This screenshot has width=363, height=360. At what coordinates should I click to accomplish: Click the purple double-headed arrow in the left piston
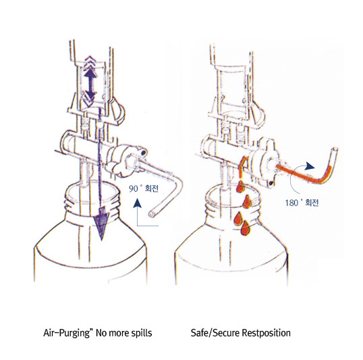(90, 84)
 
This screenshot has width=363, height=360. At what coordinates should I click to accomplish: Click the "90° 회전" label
(144, 188)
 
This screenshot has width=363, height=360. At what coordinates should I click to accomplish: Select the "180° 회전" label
(302, 203)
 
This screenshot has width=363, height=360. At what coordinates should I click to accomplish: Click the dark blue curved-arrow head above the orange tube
(309, 166)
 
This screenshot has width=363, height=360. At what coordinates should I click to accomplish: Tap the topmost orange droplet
(240, 186)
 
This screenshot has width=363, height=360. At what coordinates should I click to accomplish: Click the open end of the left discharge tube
(152, 213)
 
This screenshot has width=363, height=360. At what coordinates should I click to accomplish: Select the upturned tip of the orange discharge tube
(334, 151)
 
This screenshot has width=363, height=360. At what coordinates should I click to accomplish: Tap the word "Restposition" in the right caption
(266, 333)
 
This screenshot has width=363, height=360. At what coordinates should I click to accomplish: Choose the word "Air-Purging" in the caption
(66, 333)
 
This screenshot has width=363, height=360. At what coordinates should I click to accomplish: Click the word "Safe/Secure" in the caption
(215, 333)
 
